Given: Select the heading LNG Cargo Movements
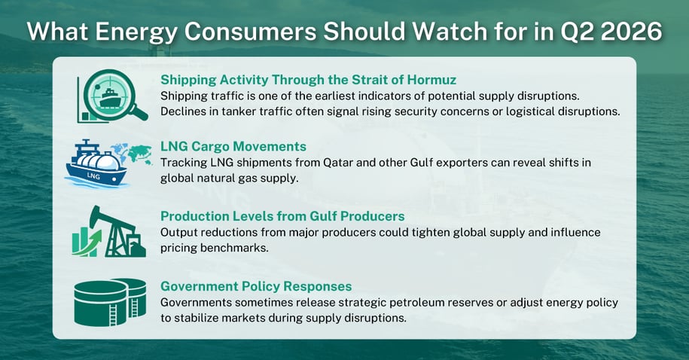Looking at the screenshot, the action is click(x=233, y=146).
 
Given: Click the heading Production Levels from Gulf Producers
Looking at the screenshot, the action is click(x=282, y=216).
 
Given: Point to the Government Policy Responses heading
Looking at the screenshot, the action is click(x=256, y=286).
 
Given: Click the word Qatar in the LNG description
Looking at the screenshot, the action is click(x=338, y=163).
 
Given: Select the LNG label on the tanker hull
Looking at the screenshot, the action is click(x=93, y=175).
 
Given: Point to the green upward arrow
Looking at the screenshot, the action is click(x=88, y=243).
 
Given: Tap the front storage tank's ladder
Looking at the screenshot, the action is click(x=113, y=315).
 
